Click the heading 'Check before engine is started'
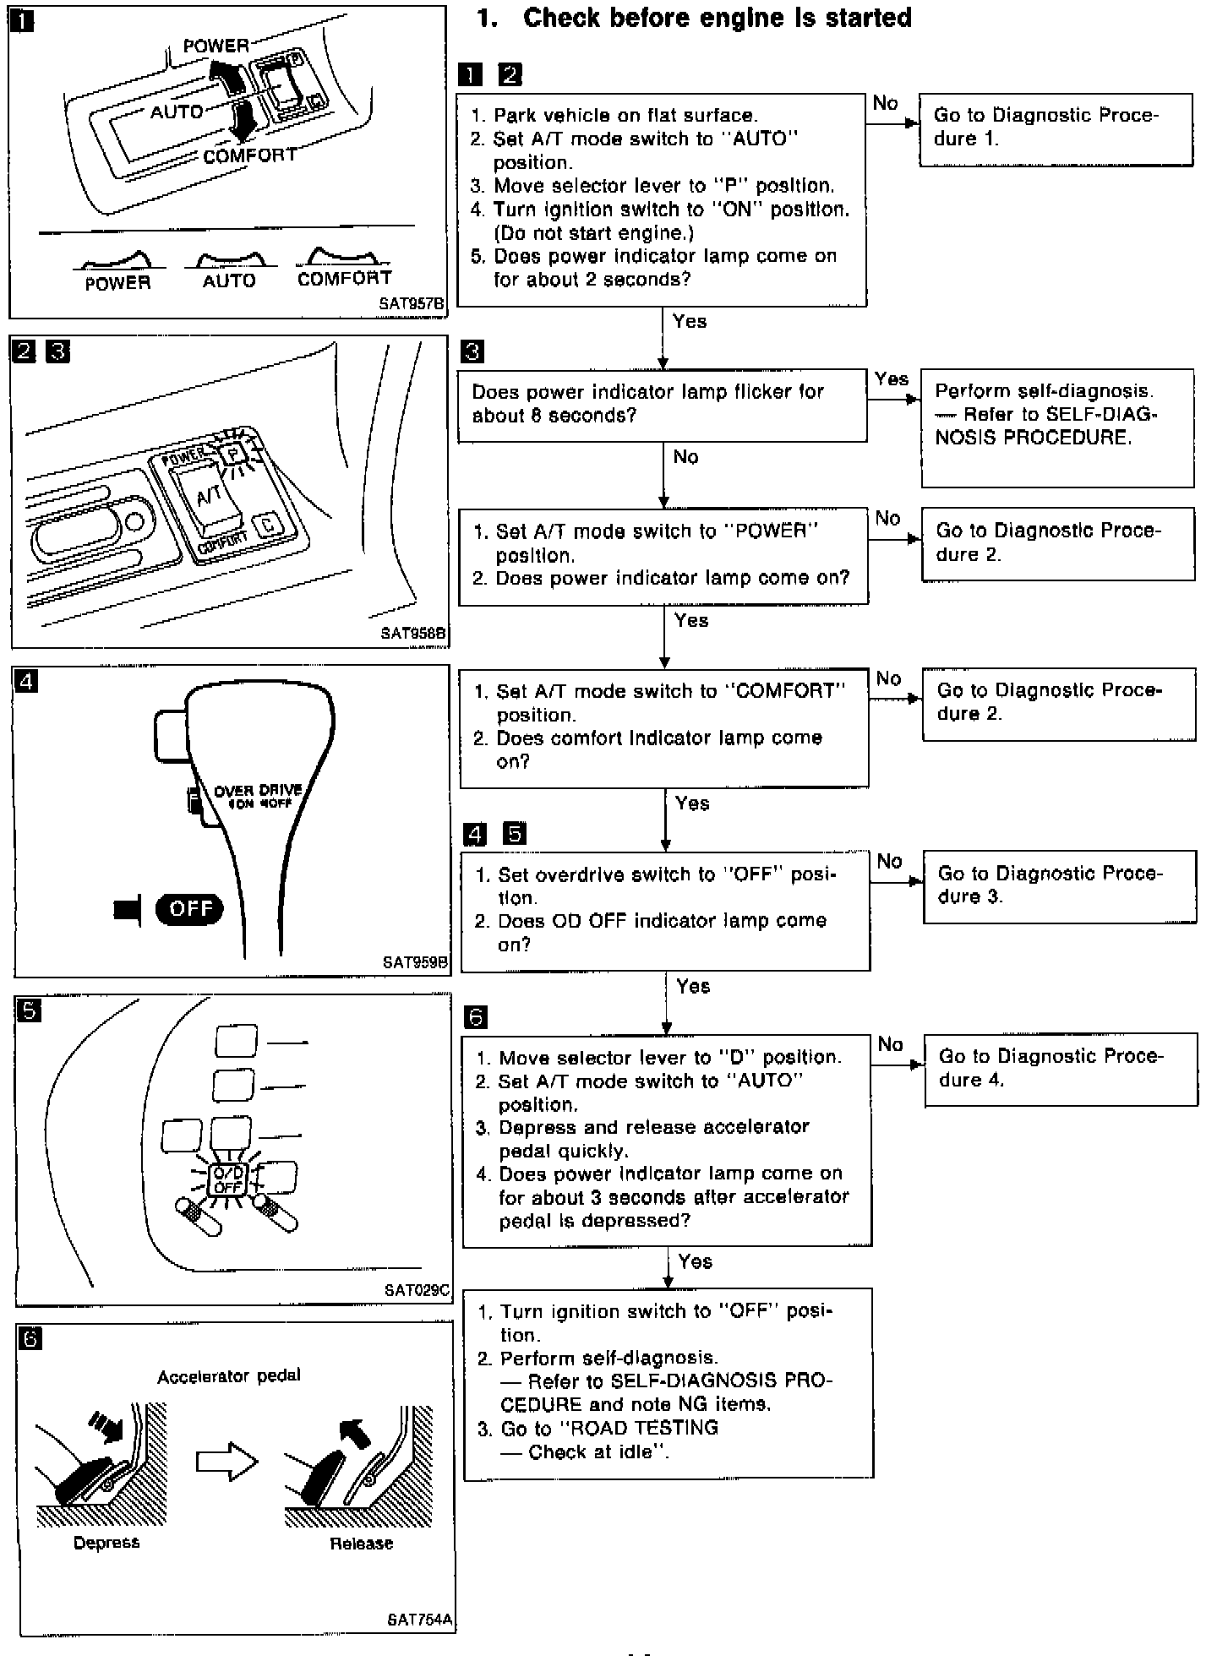[717, 19]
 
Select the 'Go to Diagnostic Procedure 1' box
[1056, 129]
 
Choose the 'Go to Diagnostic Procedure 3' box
[1059, 886]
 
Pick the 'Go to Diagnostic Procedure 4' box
[1061, 1069]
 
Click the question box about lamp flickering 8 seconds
[662, 405]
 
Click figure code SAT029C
[417, 1290]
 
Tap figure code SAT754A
[419, 1620]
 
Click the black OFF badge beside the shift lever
[190, 909]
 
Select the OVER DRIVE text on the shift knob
[258, 791]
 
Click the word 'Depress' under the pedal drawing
[106, 1543]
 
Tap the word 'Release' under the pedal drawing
[361, 1544]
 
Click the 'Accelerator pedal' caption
[228, 1376]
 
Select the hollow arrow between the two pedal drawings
[226, 1462]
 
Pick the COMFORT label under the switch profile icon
[344, 278]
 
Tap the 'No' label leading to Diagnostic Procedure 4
[890, 1044]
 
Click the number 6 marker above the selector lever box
[476, 1017]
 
